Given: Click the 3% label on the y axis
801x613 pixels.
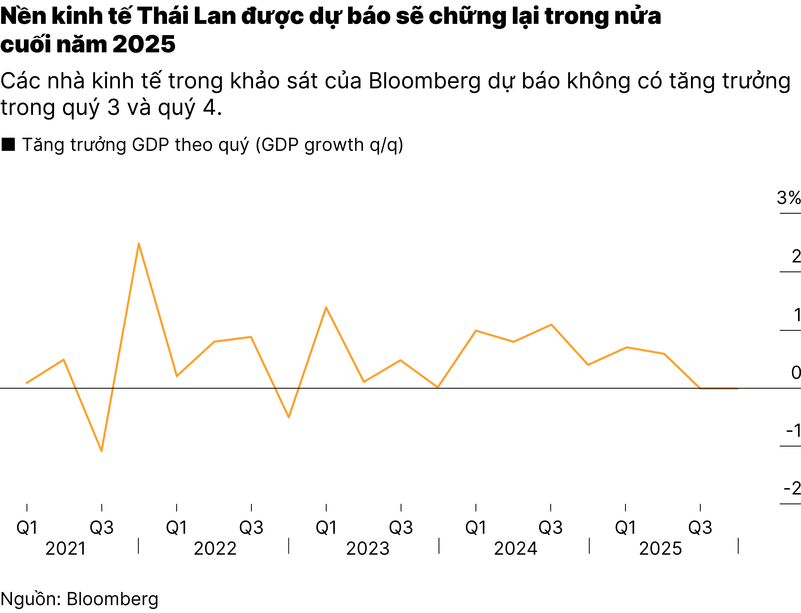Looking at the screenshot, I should tap(788, 198).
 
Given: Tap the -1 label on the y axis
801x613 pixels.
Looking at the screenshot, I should tap(793, 431).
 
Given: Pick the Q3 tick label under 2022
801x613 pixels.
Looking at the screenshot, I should tap(251, 528).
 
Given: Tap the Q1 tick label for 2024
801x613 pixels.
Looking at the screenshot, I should tap(476, 528).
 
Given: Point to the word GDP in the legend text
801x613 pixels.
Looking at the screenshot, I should tap(150, 145).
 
